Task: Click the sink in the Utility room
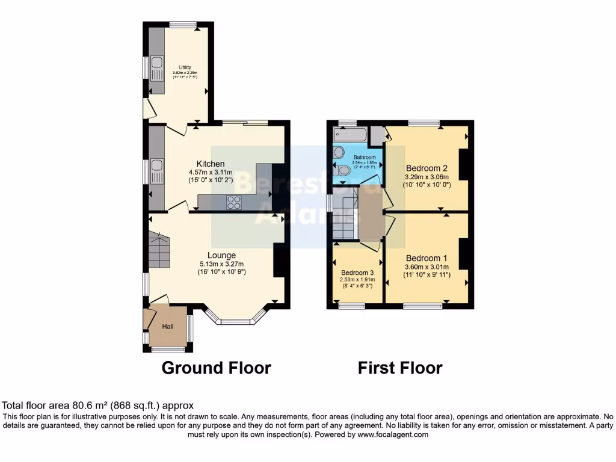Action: [x=157, y=64]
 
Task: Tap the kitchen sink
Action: [x=157, y=166]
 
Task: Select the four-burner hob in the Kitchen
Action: [x=233, y=203]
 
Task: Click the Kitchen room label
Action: [x=211, y=164]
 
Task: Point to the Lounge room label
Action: [x=222, y=255]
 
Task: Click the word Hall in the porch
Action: [x=168, y=327]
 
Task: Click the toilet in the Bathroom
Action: [x=343, y=171]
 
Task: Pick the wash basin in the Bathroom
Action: [x=338, y=152]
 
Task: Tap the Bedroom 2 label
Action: [x=427, y=168]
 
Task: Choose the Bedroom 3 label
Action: [x=357, y=271]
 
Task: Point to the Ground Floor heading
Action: [x=216, y=368]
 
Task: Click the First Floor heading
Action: [x=400, y=368]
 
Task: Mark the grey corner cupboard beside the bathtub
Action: [x=377, y=135]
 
